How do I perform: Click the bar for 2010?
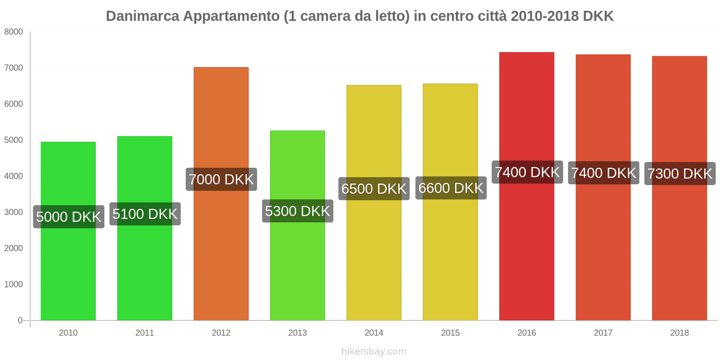(68, 270)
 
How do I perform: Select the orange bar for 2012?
(221, 252)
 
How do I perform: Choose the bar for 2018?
(679, 252)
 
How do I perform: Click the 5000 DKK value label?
(68, 217)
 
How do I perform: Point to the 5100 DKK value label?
(145, 214)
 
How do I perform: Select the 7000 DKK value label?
(221, 180)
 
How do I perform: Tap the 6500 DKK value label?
(374, 189)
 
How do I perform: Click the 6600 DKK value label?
(450, 188)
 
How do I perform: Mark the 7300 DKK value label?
(679, 174)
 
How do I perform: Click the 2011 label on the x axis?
(144, 333)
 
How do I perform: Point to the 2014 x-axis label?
(374, 333)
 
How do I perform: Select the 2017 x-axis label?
(603, 333)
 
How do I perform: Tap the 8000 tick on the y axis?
(13, 32)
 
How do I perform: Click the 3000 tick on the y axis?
(13, 212)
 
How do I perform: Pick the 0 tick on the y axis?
(20, 320)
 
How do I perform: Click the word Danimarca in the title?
(142, 16)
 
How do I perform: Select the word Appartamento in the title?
(231, 16)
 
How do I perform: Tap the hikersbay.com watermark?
(373, 351)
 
